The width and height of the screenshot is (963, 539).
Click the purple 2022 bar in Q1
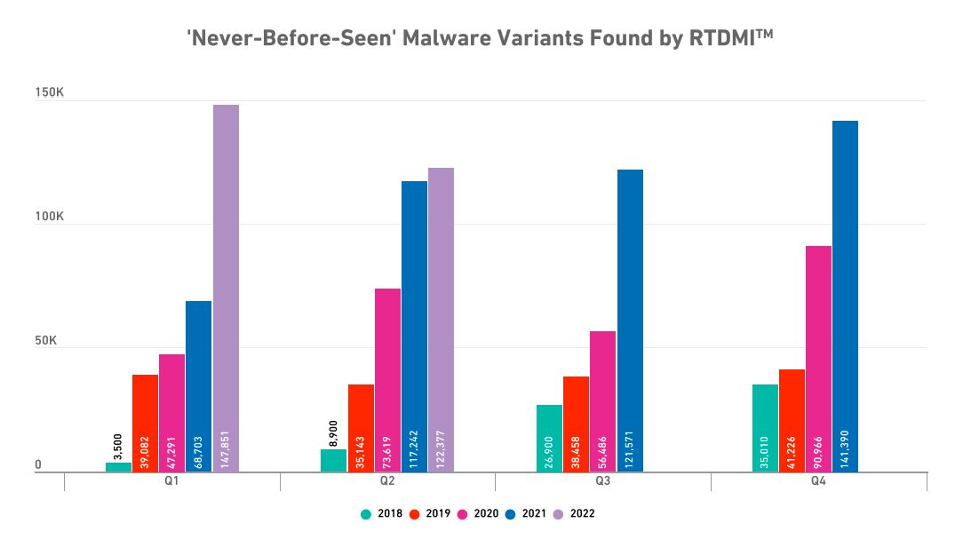coord(226,284)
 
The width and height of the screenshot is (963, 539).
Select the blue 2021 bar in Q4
coord(845,293)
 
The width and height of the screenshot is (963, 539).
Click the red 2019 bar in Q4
coord(792,417)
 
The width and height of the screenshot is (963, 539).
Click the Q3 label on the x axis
coord(602,481)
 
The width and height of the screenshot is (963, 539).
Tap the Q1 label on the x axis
coord(171,481)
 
